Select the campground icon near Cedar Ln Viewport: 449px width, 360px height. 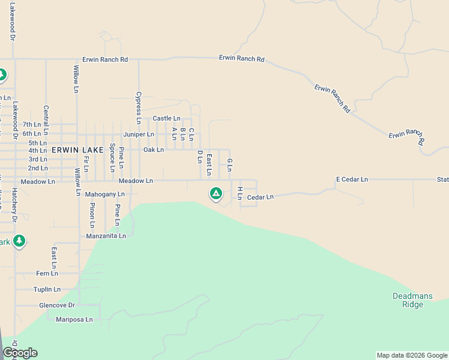pos(216,194)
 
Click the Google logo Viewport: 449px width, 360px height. pos(20,353)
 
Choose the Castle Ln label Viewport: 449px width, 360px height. pos(166,119)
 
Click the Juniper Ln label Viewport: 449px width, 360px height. pos(139,134)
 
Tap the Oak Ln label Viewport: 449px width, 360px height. pos(153,149)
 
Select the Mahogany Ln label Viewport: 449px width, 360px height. pos(104,194)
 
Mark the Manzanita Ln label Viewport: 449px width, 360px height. pos(106,236)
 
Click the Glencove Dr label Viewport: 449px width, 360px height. pos(56,305)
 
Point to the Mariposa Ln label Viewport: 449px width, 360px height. pos(74,320)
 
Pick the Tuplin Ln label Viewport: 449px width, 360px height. pos(47,289)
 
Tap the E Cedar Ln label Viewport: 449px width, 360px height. pos(352,179)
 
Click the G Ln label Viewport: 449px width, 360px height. pos(229,164)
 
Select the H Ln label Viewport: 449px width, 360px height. pos(240,193)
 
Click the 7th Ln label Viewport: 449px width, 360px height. pos(31,125)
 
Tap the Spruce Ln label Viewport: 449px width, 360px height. pos(112,158)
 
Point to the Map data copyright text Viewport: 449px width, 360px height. pos(412,355)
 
